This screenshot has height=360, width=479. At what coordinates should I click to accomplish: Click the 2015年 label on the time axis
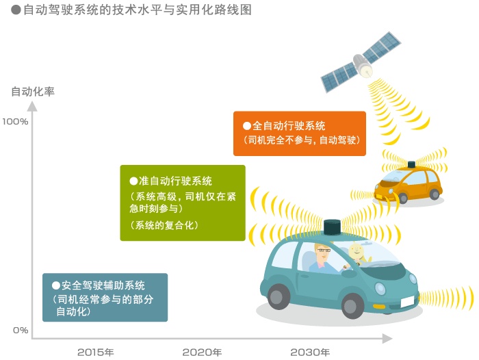click(x=96, y=352)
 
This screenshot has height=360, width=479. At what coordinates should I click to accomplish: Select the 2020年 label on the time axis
click(x=202, y=352)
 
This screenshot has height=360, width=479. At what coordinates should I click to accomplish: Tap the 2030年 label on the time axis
click(x=310, y=352)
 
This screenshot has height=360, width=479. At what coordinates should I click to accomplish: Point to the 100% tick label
click(x=15, y=122)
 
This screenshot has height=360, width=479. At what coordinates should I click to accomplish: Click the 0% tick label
click(x=21, y=330)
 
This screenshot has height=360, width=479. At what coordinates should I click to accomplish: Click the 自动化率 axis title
click(x=33, y=92)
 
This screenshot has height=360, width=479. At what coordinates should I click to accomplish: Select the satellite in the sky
click(x=361, y=62)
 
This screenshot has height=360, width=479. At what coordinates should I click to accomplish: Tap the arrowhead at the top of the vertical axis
click(x=32, y=106)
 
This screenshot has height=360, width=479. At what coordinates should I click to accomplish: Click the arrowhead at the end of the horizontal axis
click(x=387, y=339)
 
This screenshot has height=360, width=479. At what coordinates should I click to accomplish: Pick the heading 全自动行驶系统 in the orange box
click(x=289, y=126)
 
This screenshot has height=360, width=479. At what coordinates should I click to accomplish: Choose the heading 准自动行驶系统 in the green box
click(x=175, y=181)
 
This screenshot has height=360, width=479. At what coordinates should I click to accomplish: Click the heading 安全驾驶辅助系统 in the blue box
click(x=103, y=285)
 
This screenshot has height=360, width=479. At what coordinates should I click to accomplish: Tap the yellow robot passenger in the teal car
click(x=358, y=253)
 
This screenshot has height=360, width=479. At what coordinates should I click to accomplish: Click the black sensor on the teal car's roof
click(x=332, y=227)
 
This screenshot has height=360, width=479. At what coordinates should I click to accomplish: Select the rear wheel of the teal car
click(x=279, y=296)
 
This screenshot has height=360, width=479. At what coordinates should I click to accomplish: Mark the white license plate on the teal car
click(x=407, y=302)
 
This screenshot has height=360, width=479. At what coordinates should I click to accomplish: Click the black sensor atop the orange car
click(x=411, y=165)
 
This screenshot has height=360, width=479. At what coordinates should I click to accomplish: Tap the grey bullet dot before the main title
click(x=16, y=10)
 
